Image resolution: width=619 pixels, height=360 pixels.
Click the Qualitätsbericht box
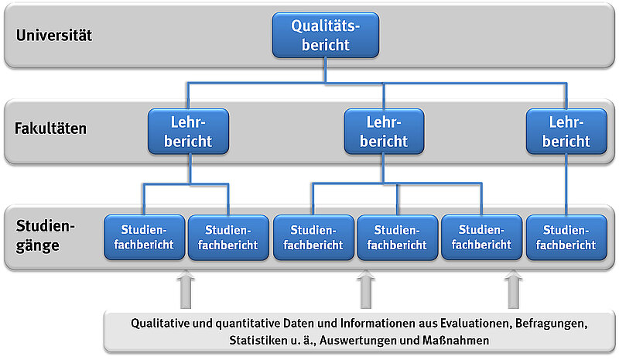tap(326, 36)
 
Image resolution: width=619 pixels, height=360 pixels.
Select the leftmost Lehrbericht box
tap(189, 131)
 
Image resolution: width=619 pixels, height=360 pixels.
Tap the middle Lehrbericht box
tap(384, 131)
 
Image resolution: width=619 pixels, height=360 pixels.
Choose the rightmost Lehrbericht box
tap(566, 131)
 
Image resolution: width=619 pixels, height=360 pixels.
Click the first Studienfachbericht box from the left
tap(144, 237)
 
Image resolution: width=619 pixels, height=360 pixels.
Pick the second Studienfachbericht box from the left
tap(228, 237)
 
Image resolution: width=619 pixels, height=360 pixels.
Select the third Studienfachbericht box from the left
tap(313, 237)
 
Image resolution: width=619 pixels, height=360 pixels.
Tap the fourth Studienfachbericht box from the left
tap(397, 237)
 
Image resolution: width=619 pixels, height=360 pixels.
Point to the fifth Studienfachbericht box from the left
tap(481, 237)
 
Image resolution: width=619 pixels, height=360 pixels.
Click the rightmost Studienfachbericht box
tap(566, 237)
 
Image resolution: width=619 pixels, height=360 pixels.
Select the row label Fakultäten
tap(51, 129)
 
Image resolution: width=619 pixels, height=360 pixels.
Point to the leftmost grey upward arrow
tap(186, 290)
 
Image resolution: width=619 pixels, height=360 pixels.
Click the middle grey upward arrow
tap(367, 290)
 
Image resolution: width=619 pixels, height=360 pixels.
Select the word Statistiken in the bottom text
tap(260, 340)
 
